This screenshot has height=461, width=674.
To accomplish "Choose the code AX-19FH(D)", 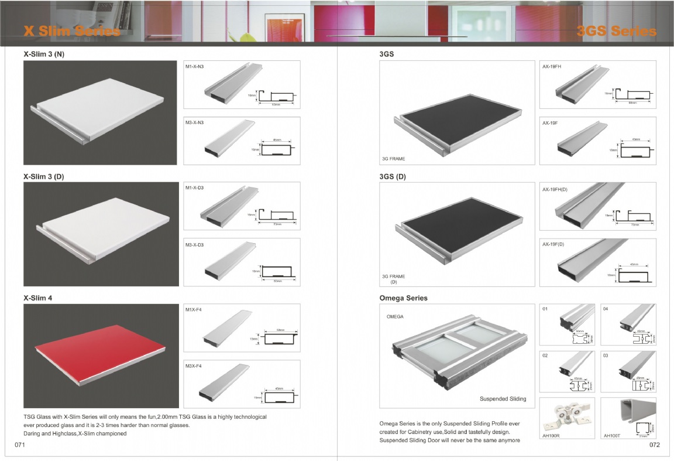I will tap(555, 189).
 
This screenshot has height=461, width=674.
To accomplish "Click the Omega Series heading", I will tap(403, 298).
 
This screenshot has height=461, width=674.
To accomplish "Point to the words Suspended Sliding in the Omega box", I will tap(503, 399).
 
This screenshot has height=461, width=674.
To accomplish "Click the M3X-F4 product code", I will tap(193, 366).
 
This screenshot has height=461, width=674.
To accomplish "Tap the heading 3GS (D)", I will tap(392, 176).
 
